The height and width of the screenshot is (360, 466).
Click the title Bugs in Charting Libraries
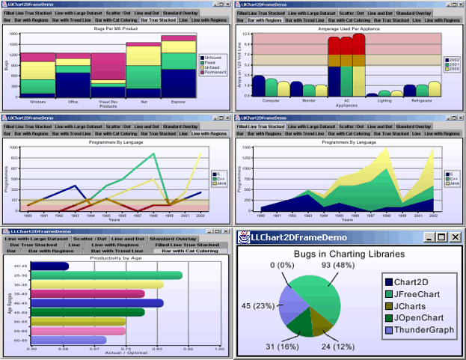coord(349,254)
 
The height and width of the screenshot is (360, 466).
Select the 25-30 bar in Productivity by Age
coord(105,275)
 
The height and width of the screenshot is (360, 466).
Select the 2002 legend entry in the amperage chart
coord(453,59)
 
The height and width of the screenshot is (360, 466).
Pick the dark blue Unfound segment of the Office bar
coord(73,83)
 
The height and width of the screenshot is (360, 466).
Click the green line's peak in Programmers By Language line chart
coord(153,154)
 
